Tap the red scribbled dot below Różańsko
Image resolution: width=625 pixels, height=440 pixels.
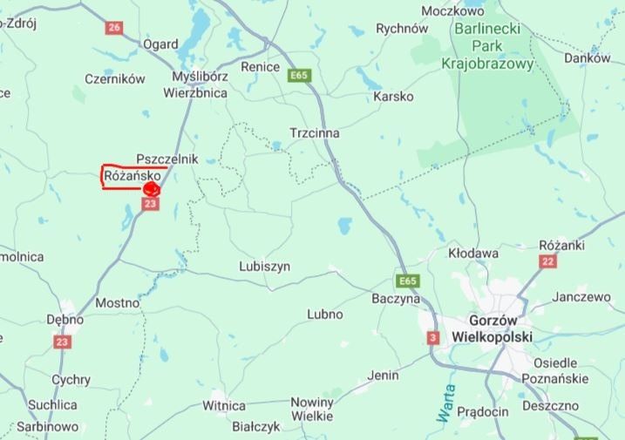pyautogui.click(x=152, y=187)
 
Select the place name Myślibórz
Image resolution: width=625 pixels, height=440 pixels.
pyautogui.click(x=200, y=76)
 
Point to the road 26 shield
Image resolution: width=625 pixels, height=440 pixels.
pyautogui.click(x=114, y=27)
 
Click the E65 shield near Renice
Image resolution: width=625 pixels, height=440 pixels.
pyautogui.click(x=299, y=76)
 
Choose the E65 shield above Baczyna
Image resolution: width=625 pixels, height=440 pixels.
pyautogui.click(x=407, y=281)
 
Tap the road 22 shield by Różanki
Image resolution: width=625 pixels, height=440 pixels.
pyautogui.click(x=548, y=261)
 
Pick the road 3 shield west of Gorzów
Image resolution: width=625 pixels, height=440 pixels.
pyautogui.click(x=433, y=337)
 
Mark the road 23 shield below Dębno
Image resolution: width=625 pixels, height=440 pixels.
pyautogui.click(x=61, y=342)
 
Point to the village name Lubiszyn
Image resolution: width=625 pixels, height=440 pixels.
pyautogui.click(x=264, y=267)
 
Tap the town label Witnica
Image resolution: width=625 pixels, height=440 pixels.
pyautogui.click(x=224, y=405)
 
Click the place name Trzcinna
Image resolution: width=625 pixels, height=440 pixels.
pyautogui.click(x=315, y=133)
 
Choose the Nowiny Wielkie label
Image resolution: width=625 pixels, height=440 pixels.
pyautogui.click(x=312, y=410)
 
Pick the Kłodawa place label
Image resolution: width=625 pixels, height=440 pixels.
pyautogui.click(x=473, y=254)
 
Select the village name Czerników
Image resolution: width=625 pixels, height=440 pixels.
pyautogui.click(x=115, y=78)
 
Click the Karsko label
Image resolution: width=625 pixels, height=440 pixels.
pyautogui.click(x=393, y=97)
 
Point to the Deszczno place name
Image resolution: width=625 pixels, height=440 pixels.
pyautogui.click(x=551, y=405)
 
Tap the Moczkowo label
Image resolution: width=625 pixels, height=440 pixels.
pyautogui.click(x=452, y=11)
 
